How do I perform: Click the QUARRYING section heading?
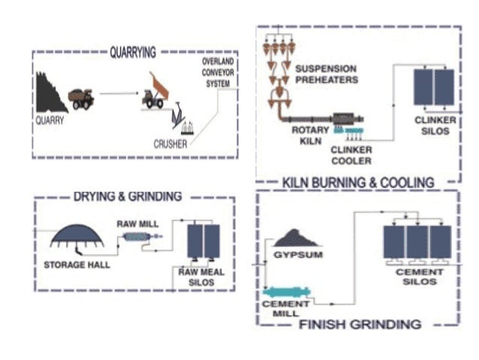click(132, 53)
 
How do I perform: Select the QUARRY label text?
click(50, 119)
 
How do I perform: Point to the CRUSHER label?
click(170, 144)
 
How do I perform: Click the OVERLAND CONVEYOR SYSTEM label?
click(221, 72)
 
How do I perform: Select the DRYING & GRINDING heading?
click(128, 197)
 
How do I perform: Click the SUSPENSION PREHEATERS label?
click(325, 74)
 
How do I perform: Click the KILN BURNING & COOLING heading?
click(357, 183)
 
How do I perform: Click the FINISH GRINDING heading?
click(360, 325)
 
